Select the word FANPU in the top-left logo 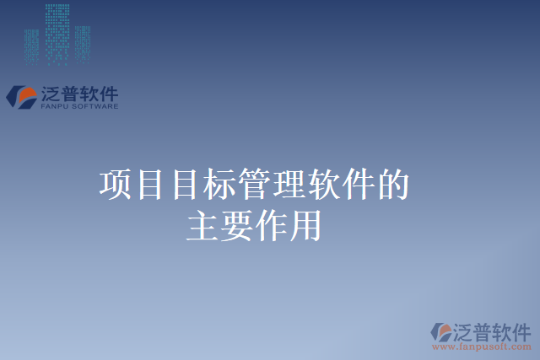[56, 106]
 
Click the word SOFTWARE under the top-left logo [95, 106]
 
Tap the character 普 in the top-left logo [73, 92]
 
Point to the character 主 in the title [203, 226]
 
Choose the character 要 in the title [238, 226]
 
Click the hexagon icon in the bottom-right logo [441, 332]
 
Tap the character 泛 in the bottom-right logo [463, 330]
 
